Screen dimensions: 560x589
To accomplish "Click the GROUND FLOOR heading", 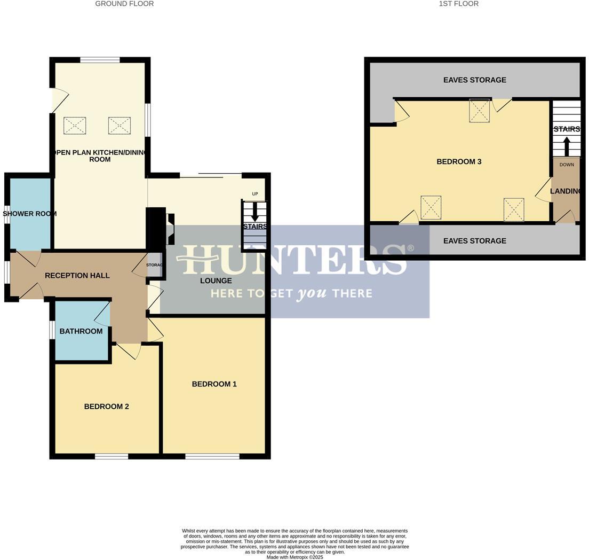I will [124, 4].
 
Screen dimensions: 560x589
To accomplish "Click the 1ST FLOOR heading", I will [458, 4].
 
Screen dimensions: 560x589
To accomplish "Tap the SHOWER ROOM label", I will [30, 214].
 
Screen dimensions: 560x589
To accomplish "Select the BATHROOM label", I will [81, 331].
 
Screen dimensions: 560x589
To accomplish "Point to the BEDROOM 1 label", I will [214, 384].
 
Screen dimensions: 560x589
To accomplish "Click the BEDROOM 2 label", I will [106, 407].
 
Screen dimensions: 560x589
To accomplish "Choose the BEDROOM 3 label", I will [459, 161].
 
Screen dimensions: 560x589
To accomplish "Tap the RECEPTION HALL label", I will [77, 276].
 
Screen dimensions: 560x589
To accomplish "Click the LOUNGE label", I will [216, 281].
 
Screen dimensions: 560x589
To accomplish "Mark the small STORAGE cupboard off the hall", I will [154, 265].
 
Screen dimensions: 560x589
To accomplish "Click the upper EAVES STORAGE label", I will [474, 80].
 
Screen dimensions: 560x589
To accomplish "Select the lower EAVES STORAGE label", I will [474, 241].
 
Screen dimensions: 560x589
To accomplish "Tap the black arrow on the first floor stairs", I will [567, 146].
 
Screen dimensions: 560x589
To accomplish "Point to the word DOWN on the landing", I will [567, 165].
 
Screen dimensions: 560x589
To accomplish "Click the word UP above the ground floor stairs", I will [254, 193].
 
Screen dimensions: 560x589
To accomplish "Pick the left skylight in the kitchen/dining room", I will [75, 126].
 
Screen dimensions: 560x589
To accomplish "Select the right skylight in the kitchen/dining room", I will [120, 126].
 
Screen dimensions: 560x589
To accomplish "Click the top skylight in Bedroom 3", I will [479, 111].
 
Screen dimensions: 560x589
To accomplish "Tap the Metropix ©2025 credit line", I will [294, 557].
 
